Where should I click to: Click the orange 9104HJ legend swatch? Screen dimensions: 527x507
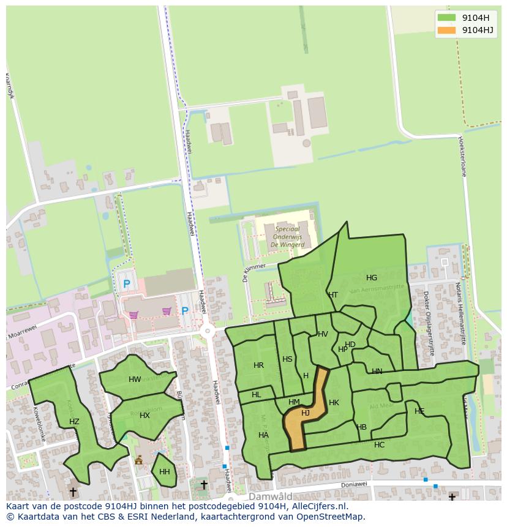446,30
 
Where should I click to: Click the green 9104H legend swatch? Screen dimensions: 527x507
446,17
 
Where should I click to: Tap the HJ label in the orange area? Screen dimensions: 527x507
306,413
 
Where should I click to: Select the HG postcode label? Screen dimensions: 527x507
372,278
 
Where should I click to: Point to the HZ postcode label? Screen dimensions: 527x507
74,422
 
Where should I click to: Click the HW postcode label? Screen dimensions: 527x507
135,379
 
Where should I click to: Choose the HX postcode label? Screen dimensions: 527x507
145,416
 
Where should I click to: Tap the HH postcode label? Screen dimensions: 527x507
164,472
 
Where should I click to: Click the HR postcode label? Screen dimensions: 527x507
258,365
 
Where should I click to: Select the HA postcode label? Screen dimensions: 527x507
263,435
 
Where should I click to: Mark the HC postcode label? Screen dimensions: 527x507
379,445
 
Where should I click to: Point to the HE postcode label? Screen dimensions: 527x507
419,411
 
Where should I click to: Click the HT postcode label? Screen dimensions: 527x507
333,295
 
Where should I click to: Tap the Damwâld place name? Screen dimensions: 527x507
270,496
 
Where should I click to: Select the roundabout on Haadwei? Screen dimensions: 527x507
208,331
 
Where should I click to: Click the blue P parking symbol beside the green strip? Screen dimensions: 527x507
127,284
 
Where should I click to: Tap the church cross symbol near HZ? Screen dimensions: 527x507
73,491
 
